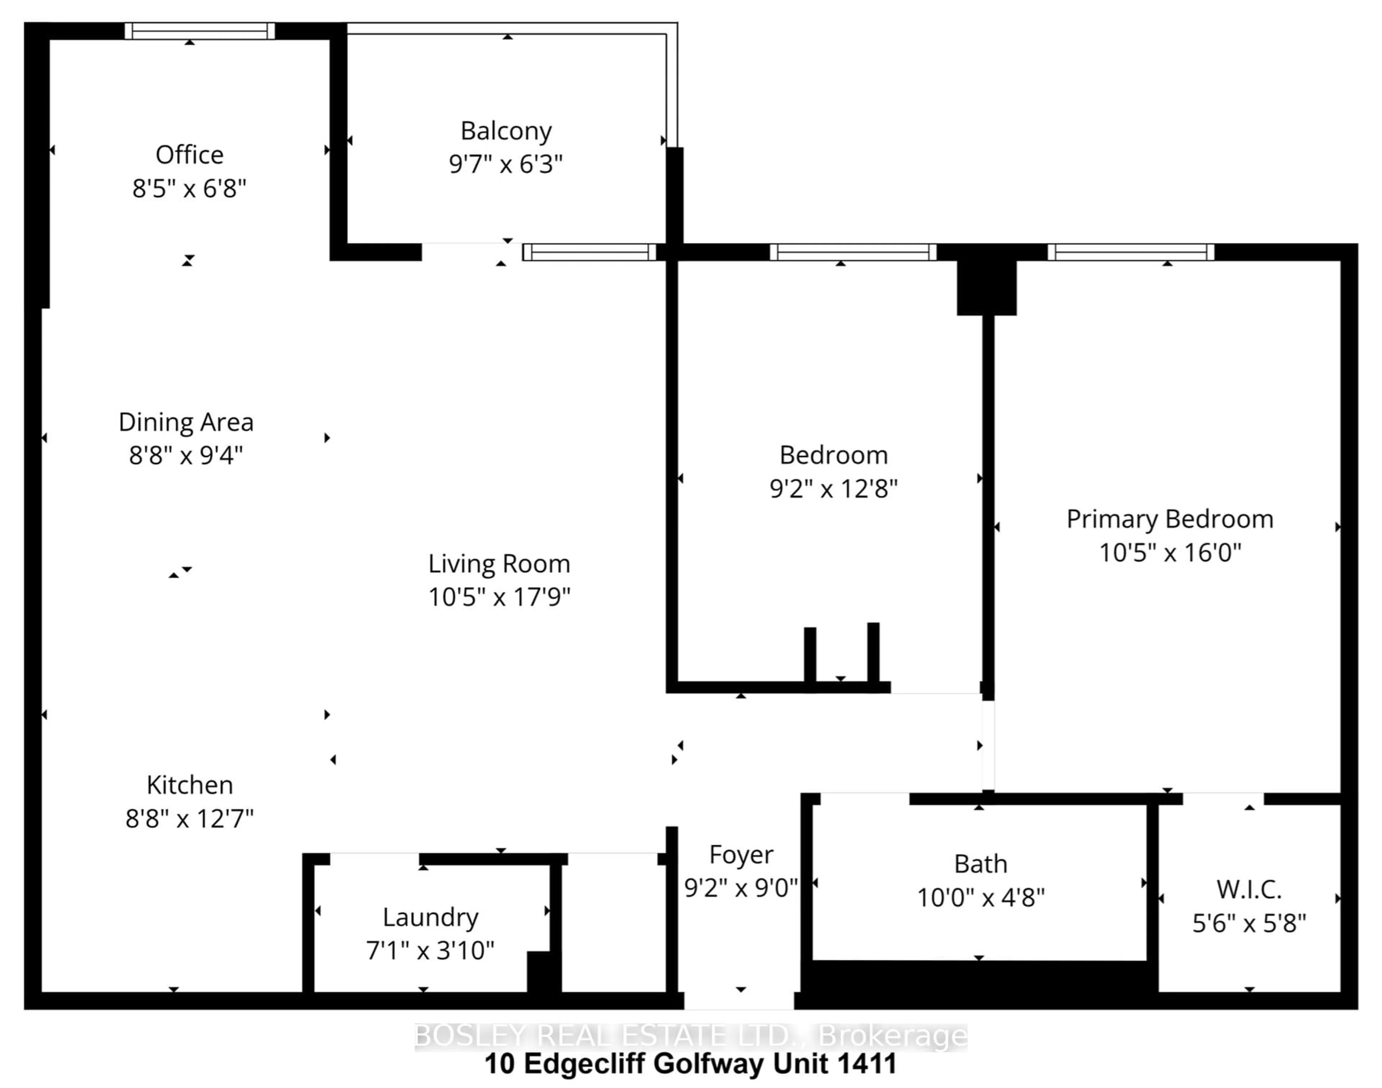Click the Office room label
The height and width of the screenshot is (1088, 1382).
click(x=189, y=155)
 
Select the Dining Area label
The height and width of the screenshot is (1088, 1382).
click(x=186, y=422)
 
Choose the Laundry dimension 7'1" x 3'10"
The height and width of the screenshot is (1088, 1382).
click(x=430, y=951)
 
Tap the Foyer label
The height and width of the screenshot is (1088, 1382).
click(x=741, y=855)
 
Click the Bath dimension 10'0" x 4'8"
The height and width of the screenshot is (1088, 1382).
click(x=981, y=898)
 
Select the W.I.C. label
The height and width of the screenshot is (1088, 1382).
click(x=1249, y=890)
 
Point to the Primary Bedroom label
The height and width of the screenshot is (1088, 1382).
click(x=1170, y=519)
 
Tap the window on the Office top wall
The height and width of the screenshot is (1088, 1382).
click(x=199, y=31)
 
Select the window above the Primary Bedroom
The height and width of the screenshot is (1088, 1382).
click(x=1131, y=252)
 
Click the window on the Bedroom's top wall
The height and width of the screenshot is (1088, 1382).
click(x=853, y=252)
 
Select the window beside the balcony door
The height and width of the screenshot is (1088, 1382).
click(x=590, y=252)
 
